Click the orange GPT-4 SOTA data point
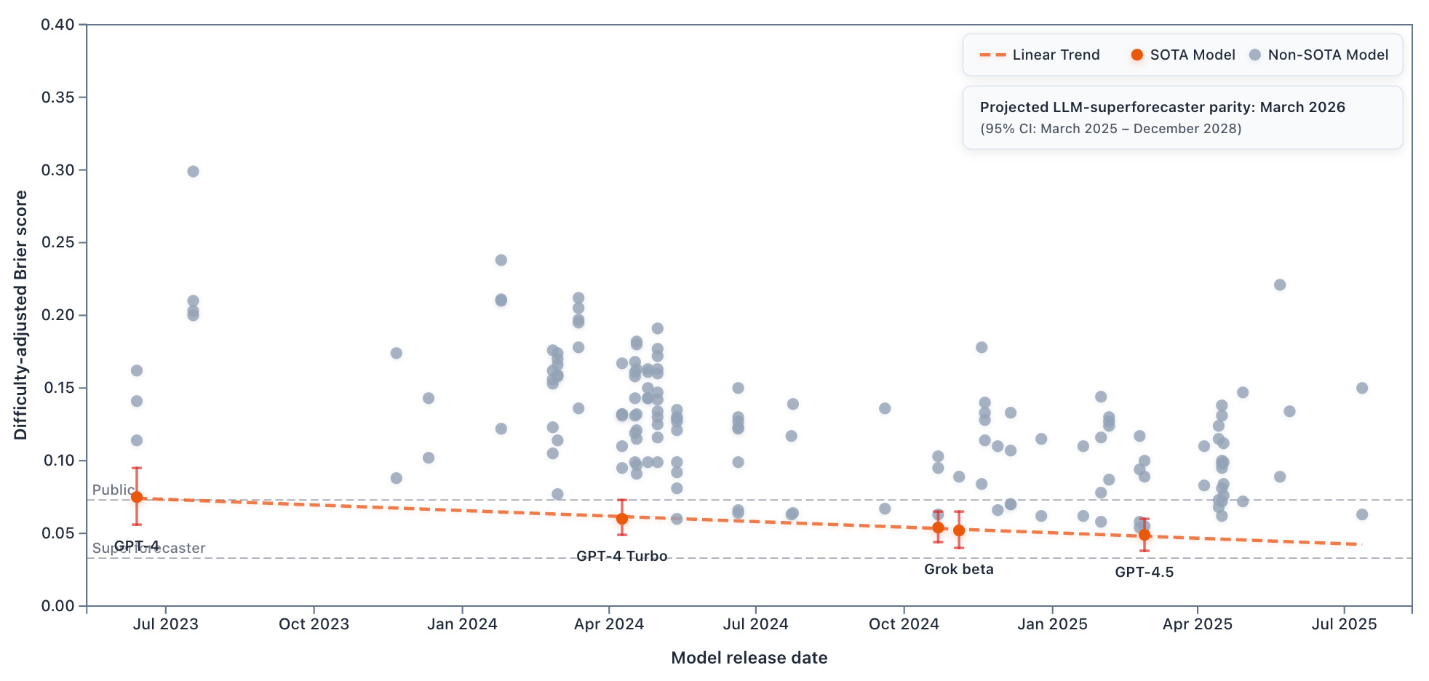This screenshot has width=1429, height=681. click(x=137, y=497)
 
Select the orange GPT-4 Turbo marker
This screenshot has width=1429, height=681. click(x=622, y=519)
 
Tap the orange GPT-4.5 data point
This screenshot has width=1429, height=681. click(x=1145, y=535)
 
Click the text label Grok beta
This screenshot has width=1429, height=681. click(x=958, y=569)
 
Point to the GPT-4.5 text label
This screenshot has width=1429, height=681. click(x=1144, y=572)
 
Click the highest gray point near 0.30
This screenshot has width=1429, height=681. click(x=193, y=172)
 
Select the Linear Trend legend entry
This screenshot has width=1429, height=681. click(x=1040, y=55)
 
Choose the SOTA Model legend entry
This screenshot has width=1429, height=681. click(x=1183, y=55)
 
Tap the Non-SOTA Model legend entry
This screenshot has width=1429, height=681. click(x=1318, y=55)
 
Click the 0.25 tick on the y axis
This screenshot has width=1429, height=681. click(x=57, y=242)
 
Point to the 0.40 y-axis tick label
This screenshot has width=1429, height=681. click(x=57, y=25)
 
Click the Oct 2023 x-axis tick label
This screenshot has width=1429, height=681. click(x=314, y=624)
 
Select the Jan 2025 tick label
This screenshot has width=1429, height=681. click(x=1052, y=624)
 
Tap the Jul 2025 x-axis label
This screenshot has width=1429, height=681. click(x=1344, y=624)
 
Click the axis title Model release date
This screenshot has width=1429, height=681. click(x=749, y=658)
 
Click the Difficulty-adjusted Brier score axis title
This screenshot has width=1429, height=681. click(x=20, y=315)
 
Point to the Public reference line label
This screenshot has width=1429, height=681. click(x=113, y=490)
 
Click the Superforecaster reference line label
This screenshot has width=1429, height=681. click(x=149, y=548)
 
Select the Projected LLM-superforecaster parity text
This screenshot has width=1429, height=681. click(x=1162, y=107)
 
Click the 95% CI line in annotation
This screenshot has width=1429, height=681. click(x=1110, y=129)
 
